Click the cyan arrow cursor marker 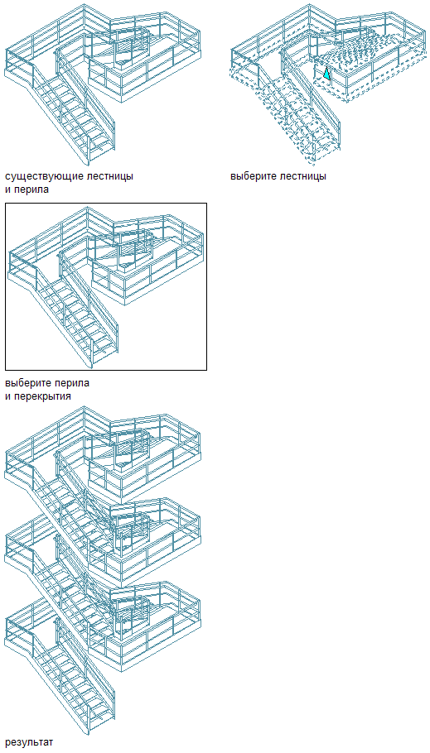326,73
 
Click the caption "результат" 29,742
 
